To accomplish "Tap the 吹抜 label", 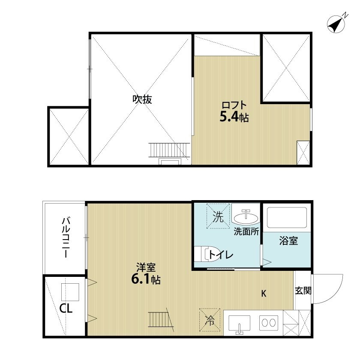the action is coord(142,99).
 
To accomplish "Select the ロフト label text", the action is coord(234,105).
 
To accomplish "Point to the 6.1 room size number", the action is coord(141,279).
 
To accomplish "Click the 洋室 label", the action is coord(146,267).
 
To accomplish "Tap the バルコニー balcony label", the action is coord(66,237).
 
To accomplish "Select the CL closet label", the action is coord(66,309).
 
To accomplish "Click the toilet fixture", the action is coord(205,254).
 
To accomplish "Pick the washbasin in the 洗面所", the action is coord(246,217).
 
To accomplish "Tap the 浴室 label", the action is coord(288,240).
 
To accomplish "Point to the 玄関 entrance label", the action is coord(303,291).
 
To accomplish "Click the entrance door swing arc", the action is coord(336,295).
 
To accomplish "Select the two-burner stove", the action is coord(269,323).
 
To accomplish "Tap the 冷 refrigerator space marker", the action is coord(210,320).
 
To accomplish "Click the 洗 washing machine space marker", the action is coord(218,216).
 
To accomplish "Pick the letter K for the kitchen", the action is coord(264,294).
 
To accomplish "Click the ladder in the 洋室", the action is coord(160,319).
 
